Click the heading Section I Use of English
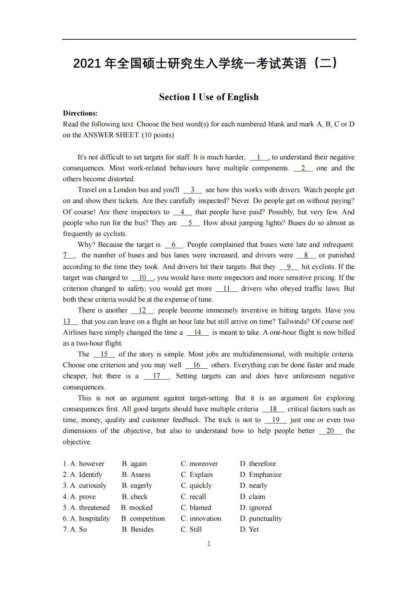[x=209, y=97]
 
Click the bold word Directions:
[x=80, y=113]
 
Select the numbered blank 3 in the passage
[x=192, y=190]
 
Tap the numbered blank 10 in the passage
[x=142, y=278]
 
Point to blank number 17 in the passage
[x=156, y=376]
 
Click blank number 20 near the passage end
[x=330, y=431]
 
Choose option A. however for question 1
[x=87, y=464]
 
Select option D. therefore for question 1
[x=258, y=464]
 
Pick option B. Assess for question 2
[x=136, y=474]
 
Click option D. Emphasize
[x=261, y=474]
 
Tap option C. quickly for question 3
[x=196, y=485]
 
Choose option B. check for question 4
[x=135, y=497]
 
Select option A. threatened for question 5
[x=90, y=507]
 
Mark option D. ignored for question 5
[x=256, y=507]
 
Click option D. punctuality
[x=261, y=518]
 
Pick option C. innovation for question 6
[x=201, y=518]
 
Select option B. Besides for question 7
[x=138, y=529]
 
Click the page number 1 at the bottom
[x=209, y=544]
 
